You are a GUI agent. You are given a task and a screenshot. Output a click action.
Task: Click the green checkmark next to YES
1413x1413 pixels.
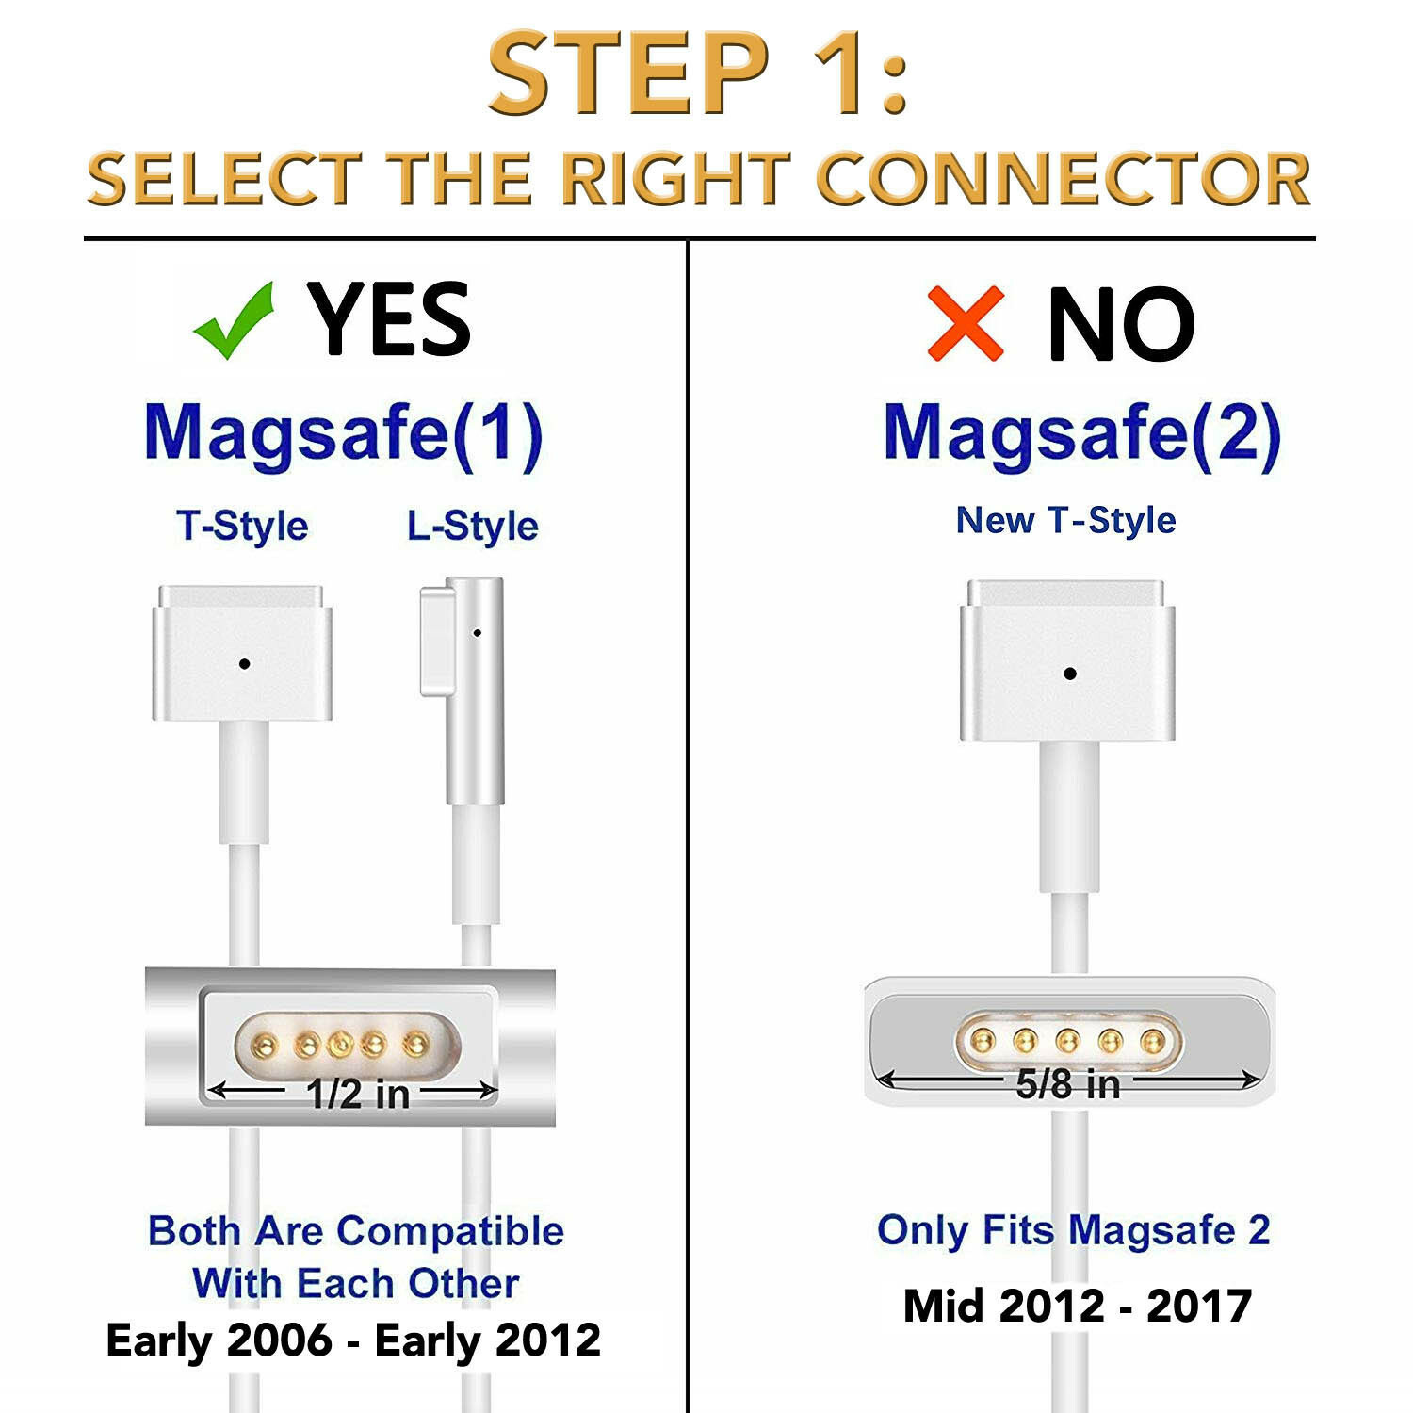click(x=233, y=322)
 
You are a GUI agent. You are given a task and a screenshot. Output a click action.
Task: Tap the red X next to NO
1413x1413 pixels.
click(x=966, y=324)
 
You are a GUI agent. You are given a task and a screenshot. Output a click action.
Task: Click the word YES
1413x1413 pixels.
click(x=389, y=319)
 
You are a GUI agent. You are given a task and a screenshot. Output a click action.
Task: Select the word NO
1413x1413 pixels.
click(x=1121, y=324)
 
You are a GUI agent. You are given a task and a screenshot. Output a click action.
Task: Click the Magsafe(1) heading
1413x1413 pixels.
click(x=344, y=434)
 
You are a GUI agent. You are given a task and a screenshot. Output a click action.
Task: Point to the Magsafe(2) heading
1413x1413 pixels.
click(x=1082, y=434)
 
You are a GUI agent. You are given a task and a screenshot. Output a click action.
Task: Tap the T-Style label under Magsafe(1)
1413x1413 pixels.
click(x=242, y=526)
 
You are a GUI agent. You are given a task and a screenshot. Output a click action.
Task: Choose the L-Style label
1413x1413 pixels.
click(x=472, y=526)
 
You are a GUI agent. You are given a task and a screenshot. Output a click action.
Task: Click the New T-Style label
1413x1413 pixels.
click(x=1065, y=520)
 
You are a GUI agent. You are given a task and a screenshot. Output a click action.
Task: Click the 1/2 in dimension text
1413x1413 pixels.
click(x=358, y=1094)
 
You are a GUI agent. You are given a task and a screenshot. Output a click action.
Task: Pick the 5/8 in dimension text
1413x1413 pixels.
click(x=1068, y=1084)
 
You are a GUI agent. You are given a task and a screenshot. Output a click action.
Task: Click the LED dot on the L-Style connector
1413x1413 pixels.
click(x=477, y=633)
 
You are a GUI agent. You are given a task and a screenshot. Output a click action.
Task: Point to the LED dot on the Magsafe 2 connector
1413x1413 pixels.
click(x=1069, y=674)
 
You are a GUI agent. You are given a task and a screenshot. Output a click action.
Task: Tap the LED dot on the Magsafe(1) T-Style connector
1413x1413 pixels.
click(x=244, y=664)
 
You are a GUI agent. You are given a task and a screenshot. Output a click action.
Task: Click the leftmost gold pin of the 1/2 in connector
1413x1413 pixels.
click(x=266, y=1044)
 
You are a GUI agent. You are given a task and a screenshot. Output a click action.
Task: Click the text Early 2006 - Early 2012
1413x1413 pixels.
click(x=353, y=1340)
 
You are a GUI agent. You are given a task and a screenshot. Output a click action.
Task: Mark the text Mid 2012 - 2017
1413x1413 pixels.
click(x=1078, y=1306)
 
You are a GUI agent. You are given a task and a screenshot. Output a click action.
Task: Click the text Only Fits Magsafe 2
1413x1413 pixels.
click(x=1074, y=1230)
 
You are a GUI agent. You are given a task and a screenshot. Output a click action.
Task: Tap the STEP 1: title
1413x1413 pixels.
click(x=698, y=73)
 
